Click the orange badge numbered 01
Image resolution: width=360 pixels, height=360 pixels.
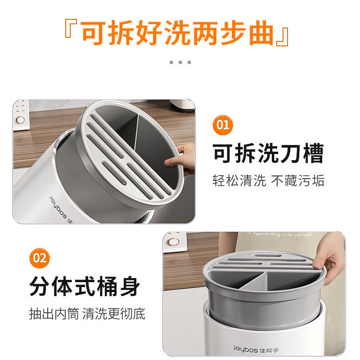[223, 124]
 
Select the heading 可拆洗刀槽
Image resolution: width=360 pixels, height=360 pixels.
[268, 154]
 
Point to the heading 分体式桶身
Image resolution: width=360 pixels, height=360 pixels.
[85, 287]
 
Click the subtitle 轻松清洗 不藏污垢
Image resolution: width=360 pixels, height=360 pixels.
[268, 181]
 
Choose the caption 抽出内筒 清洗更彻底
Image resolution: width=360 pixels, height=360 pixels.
[87, 314]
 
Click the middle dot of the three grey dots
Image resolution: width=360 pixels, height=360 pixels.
[180, 62]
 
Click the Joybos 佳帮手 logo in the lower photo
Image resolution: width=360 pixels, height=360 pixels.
[253, 347]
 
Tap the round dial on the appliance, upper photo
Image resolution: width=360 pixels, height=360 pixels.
[20, 120]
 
